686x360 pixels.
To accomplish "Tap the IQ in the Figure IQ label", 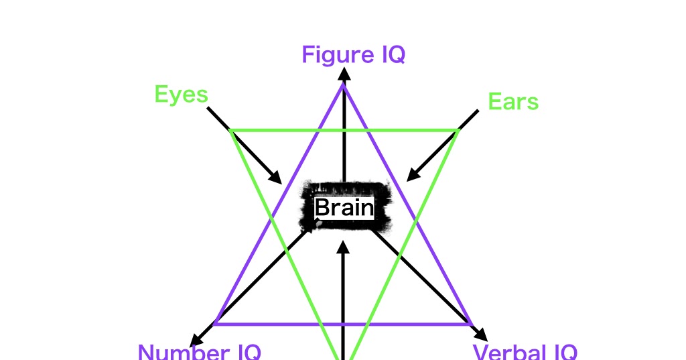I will coord(393,54).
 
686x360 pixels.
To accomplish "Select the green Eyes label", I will coord(181,95).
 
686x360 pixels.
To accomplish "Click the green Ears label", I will coord(513,102).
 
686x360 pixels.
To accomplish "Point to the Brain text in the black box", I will coord(344,208).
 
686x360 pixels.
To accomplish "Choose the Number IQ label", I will coord(199,352).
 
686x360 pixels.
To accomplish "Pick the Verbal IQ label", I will coord(525,352).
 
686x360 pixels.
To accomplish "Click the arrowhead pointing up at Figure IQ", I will coord(344,73).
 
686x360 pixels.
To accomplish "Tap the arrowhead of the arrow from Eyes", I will coord(275,178).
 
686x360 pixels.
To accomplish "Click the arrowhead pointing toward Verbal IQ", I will coord(481,335).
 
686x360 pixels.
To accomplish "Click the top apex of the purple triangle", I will coord(344,85).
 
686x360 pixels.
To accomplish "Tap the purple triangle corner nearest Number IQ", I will coord(216,324).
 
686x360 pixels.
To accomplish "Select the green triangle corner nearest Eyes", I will coord(232,130).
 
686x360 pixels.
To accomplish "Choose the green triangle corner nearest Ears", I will coord(457,130).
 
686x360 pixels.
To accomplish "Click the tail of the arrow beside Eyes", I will coord(208,108).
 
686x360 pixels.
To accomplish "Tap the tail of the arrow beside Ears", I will coord(478,111).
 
